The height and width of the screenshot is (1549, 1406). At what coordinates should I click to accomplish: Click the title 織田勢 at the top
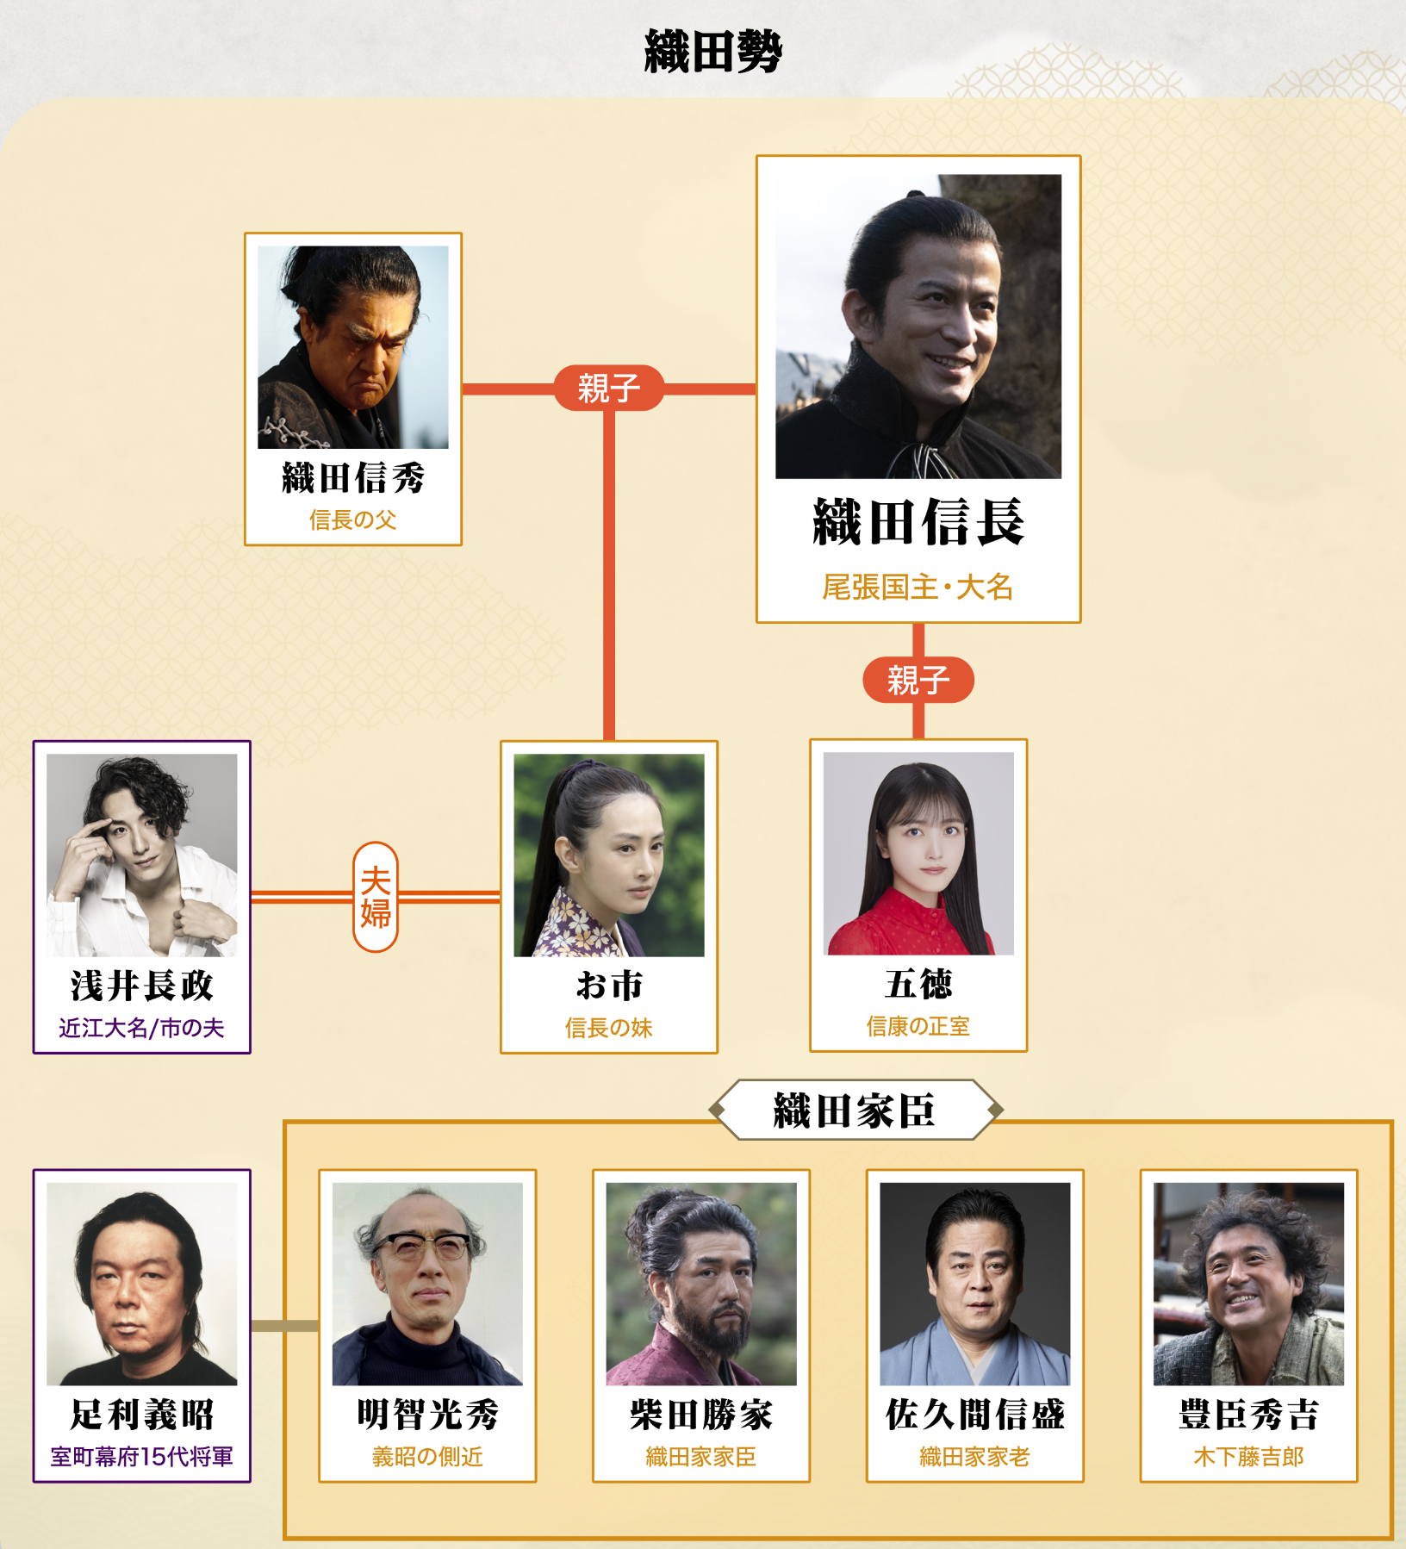[x=713, y=51]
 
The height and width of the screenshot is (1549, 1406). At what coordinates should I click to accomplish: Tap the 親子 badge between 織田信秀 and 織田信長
[x=608, y=388]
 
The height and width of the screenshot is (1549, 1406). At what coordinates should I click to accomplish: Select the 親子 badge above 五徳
[x=918, y=680]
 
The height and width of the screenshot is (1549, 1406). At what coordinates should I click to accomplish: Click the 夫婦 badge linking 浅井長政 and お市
[x=376, y=897]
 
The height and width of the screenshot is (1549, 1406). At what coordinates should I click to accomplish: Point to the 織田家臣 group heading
[x=855, y=1110]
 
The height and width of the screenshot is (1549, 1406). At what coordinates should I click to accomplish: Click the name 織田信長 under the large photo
[x=918, y=522]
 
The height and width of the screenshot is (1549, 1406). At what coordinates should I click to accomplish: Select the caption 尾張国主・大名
[x=918, y=587]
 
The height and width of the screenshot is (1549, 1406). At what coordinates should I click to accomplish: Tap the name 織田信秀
[x=353, y=477]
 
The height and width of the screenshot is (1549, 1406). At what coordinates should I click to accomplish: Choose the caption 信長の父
[x=353, y=519]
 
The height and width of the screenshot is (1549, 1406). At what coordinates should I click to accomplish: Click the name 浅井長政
[x=142, y=986]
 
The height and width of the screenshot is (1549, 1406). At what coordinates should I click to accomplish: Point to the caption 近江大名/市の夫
[x=142, y=1028]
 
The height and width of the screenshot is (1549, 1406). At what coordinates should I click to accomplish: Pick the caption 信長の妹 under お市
[x=609, y=1028]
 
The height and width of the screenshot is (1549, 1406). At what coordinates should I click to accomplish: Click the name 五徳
[x=918, y=984]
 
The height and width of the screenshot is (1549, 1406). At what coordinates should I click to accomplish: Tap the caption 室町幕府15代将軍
[x=142, y=1457]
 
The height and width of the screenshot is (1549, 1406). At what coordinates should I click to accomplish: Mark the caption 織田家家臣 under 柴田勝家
[x=701, y=1457]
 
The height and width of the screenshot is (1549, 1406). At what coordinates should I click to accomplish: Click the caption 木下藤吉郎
[x=1249, y=1457]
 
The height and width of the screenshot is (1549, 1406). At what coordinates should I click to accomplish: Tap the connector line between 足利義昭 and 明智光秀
[x=285, y=1326]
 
